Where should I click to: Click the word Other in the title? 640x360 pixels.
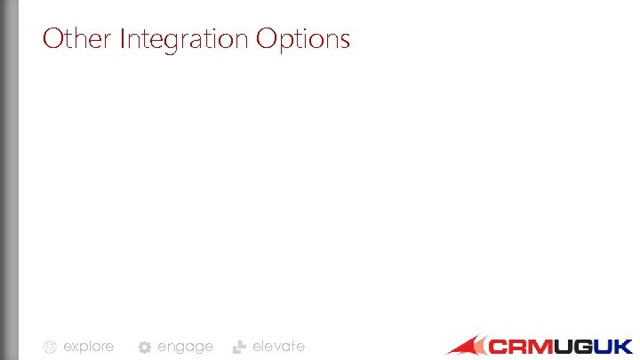tap(76, 39)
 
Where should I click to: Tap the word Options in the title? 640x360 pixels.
tap(303, 40)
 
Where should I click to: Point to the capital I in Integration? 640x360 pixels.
tap(122, 39)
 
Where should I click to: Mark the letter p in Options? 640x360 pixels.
tap(288, 43)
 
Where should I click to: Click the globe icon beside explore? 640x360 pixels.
tap(51, 348)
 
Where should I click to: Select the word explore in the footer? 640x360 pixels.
tap(88, 347)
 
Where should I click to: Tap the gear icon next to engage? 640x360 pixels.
tap(144, 348)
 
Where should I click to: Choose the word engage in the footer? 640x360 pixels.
tap(185, 347)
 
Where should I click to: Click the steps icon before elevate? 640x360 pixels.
tap(238, 348)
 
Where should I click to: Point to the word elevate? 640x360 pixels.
tap(278, 347)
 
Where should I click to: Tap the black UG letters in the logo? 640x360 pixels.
tap(575, 347)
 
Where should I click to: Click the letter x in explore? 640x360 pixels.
tap(77, 347)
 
